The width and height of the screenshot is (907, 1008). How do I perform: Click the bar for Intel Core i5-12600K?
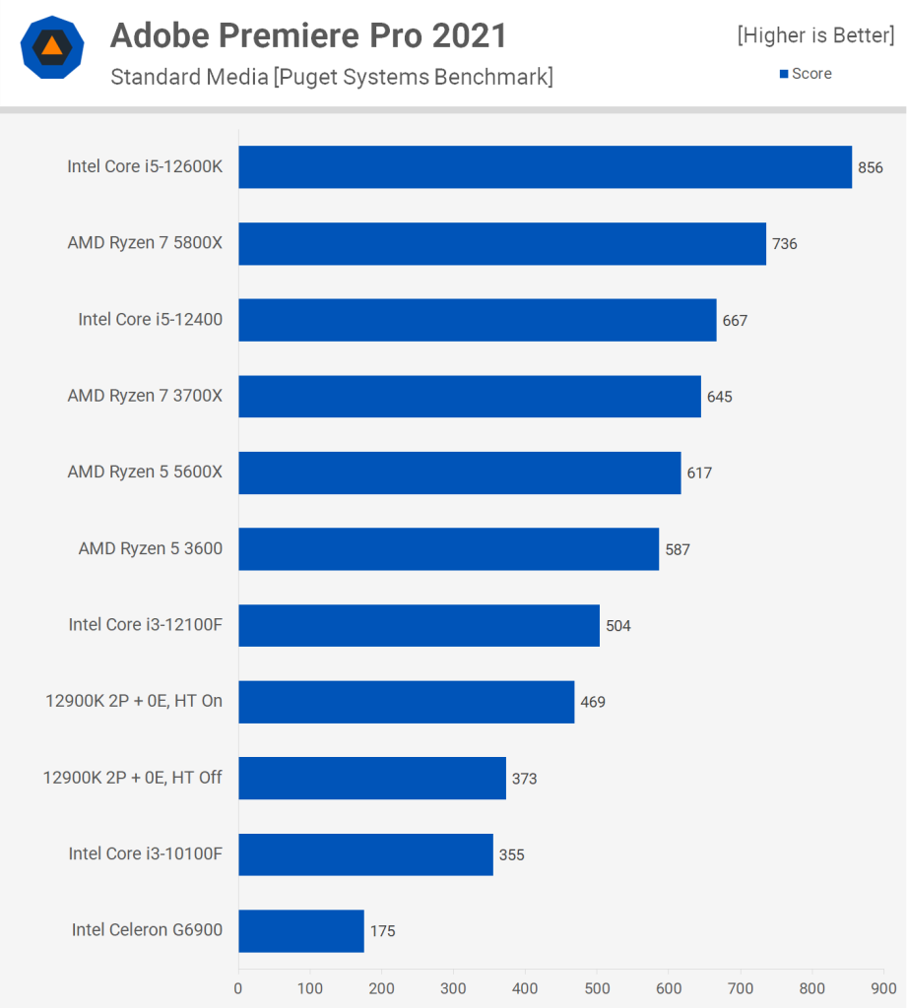point(545,167)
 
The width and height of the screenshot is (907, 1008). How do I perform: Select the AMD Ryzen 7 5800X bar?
point(502,244)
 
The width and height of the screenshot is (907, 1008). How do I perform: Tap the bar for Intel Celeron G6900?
point(301,931)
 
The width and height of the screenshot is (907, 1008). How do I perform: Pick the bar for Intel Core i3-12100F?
point(419,625)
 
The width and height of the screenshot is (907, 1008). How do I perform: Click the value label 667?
point(735,321)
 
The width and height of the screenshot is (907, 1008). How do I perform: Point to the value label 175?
point(382,931)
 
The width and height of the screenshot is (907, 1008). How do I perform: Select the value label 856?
point(871,168)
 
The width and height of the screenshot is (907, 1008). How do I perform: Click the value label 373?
point(524,779)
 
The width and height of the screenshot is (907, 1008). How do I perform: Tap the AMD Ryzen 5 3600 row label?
point(151,549)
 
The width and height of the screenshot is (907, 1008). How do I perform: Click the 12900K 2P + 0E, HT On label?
point(134,702)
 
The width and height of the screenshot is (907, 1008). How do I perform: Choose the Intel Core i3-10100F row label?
point(146,854)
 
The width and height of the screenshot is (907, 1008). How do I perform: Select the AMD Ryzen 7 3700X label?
point(145,397)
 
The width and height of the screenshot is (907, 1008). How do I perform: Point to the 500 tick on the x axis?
point(597,987)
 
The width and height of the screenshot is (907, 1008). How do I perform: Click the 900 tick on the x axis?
point(883,987)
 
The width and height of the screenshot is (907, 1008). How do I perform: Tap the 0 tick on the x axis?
point(238,987)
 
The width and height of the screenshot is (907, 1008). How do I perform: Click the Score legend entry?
point(807,74)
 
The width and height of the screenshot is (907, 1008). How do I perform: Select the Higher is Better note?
point(815,37)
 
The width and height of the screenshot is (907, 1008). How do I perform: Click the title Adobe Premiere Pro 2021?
point(308,36)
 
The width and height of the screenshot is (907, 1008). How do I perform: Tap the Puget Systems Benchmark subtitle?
point(332,77)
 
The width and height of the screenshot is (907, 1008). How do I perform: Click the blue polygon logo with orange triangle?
point(52,47)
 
